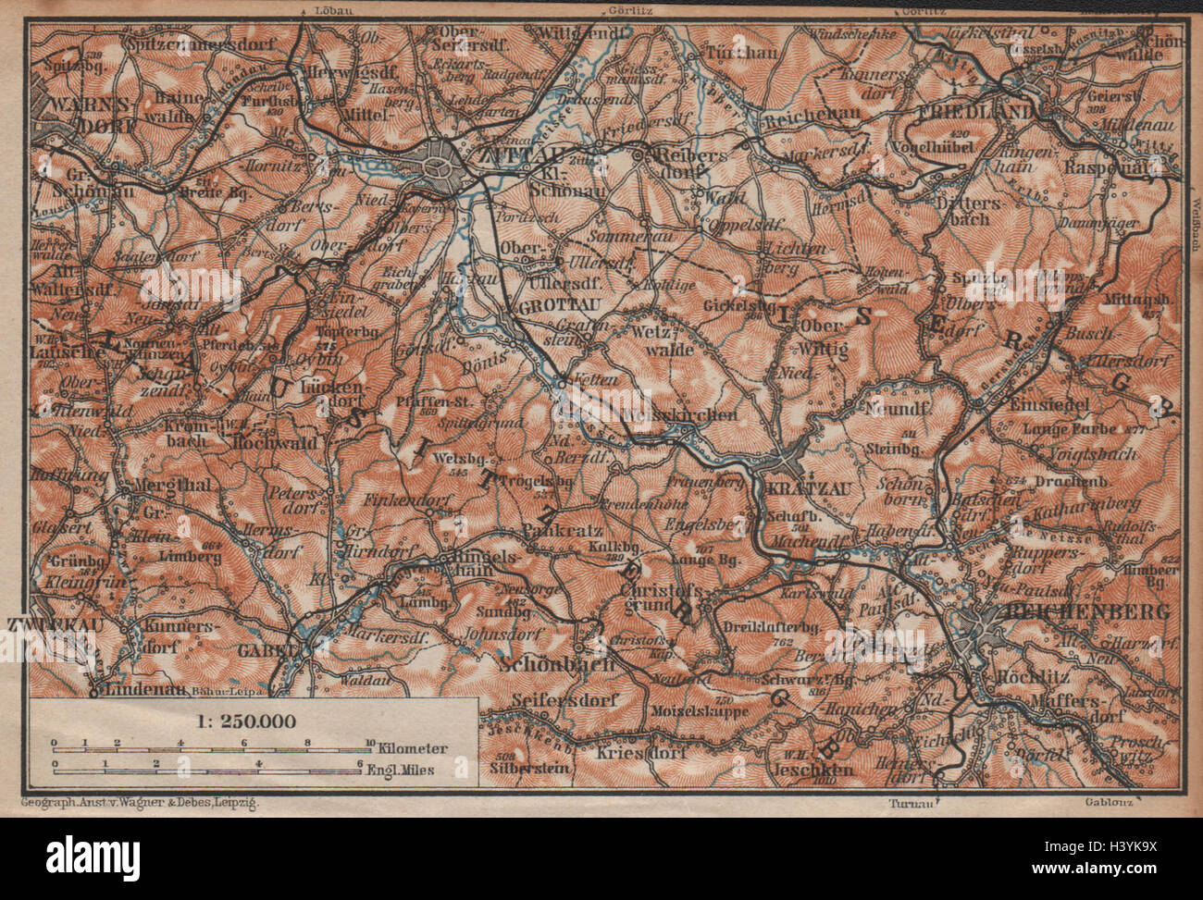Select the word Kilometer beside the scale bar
pyautogui.click(x=415, y=747)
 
